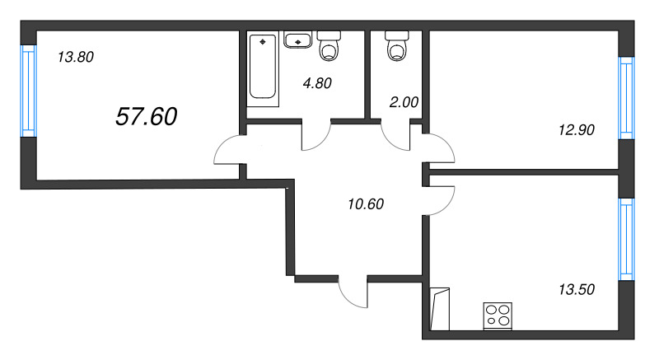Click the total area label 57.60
pos(146,117)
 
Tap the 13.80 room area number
pos(76,58)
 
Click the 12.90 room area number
pos(575,129)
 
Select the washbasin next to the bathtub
pos(297,40)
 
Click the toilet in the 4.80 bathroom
pos(330,47)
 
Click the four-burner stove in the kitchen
pos(497,315)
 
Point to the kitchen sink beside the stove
pos(440,307)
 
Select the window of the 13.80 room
pos(27,91)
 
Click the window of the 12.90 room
pos(627,97)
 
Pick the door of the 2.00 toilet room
pos(396,136)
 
